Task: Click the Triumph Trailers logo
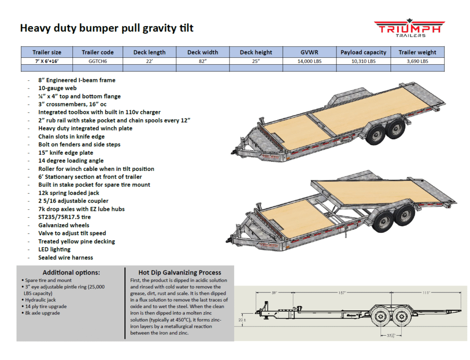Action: click(409, 28)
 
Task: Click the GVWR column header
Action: click(309, 52)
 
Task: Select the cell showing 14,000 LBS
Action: click(309, 61)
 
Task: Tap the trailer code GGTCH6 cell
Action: click(98, 61)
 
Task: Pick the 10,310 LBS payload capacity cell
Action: click(364, 61)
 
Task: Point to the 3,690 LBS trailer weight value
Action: click(417, 61)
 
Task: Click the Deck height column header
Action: click(256, 52)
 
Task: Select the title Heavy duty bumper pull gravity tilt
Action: click(106, 28)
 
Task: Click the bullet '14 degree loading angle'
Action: click(71, 161)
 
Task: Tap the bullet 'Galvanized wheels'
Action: click(63, 225)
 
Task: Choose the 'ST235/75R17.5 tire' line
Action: click(64, 217)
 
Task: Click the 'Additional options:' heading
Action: click(71, 272)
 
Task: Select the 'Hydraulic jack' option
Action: click(40, 300)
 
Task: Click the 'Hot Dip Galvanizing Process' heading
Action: click(180, 272)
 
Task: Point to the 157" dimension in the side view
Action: click(342, 293)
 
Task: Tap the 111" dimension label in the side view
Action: click(426, 293)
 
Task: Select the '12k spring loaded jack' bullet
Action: click(69, 193)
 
